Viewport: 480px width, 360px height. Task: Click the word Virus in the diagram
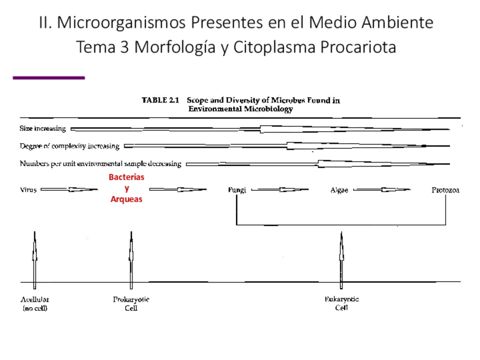28,190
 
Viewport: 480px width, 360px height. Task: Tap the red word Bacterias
126,177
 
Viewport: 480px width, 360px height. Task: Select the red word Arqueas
126,199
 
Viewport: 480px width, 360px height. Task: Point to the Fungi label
237,190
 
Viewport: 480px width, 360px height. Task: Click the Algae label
339,190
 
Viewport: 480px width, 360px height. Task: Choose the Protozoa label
445,190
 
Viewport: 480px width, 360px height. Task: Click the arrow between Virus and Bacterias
69,190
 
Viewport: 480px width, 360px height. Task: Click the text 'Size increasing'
43,128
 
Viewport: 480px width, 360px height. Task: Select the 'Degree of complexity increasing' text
70,146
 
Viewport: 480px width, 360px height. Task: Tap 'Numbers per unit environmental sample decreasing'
101,164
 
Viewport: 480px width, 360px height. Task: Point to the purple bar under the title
49,78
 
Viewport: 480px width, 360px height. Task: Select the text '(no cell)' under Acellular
35,308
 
